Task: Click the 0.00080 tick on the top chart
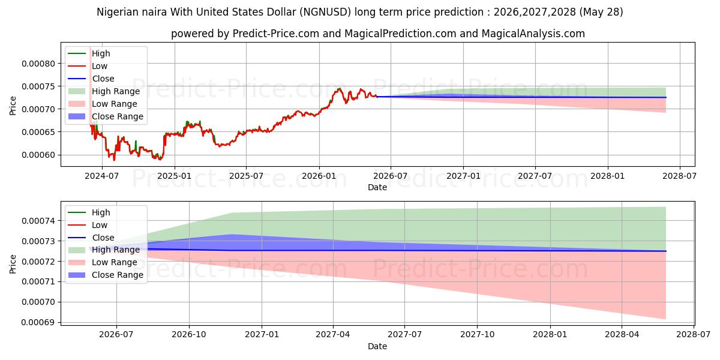click(x=38, y=64)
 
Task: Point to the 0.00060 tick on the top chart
click(x=38, y=155)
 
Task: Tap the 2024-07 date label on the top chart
click(x=102, y=176)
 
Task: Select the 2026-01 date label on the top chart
click(x=319, y=176)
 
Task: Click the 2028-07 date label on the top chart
click(x=680, y=176)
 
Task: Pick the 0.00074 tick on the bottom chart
click(x=38, y=221)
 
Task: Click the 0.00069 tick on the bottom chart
click(x=38, y=322)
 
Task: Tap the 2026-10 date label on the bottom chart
click(x=189, y=335)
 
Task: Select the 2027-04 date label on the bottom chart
click(x=333, y=335)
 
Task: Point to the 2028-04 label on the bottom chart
click(x=622, y=335)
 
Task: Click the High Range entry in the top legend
click(x=116, y=91)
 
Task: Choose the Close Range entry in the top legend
click(x=118, y=116)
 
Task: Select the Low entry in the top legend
click(x=100, y=66)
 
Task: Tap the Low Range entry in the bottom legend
click(x=115, y=262)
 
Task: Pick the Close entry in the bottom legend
click(x=103, y=238)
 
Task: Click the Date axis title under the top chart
click(x=377, y=187)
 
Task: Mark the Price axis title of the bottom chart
click(x=13, y=264)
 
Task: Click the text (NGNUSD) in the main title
click(x=325, y=12)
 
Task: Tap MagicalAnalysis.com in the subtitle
click(x=533, y=34)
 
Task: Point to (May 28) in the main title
click(x=601, y=12)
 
